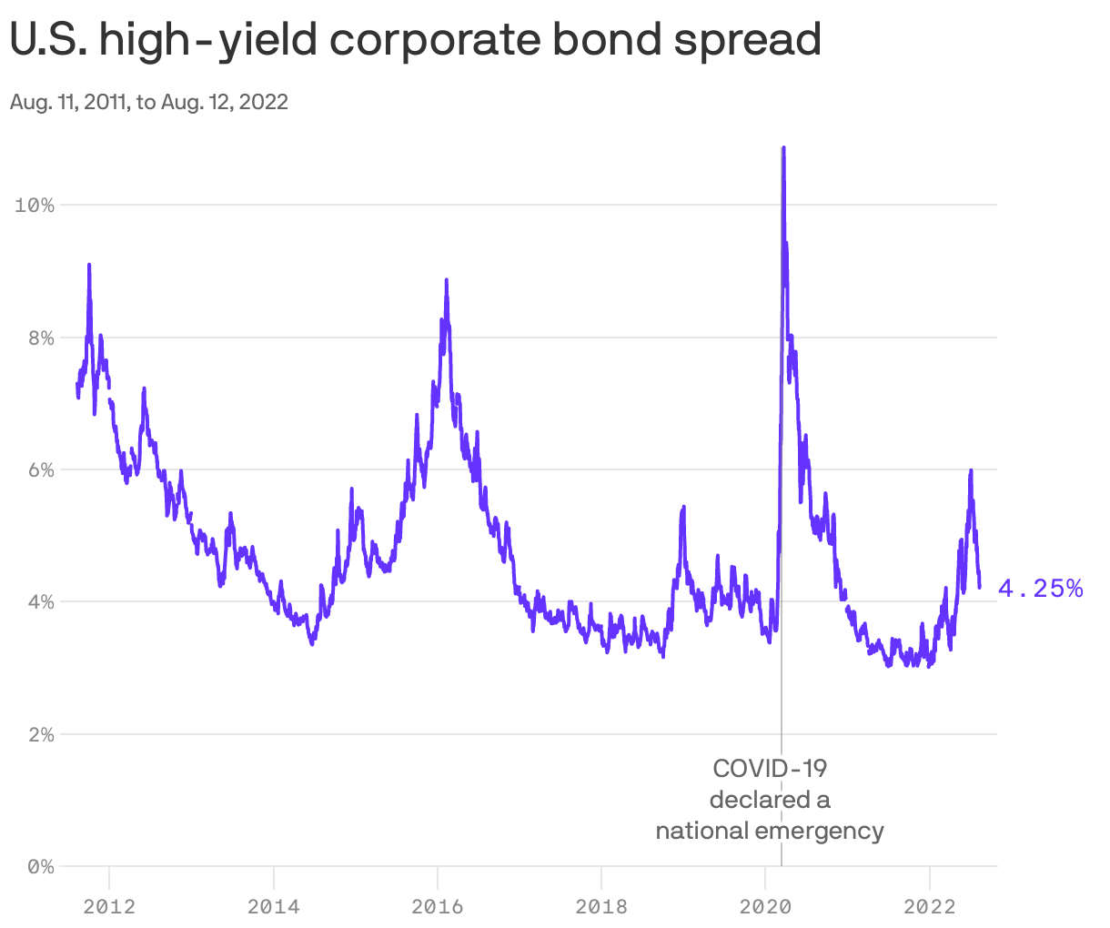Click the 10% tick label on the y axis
point(35,206)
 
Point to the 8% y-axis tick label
point(39,338)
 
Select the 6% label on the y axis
point(39,469)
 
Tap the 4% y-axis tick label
point(39,601)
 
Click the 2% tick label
point(39,734)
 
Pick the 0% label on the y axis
point(39,866)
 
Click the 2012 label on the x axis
point(109,906)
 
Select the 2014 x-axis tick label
point(273,906)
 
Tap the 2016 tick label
point(437,906)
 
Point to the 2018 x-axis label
point(600,906)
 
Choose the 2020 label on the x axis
point(764,906)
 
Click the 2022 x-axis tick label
point(929,906)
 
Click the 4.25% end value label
point(1040,589)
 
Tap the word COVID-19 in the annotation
point(770,769)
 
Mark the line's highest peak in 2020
point(783,148)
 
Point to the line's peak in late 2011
point(89,265)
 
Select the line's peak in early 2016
point(446,280)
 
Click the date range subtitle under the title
point(149,102)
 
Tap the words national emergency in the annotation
point(770,831)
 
